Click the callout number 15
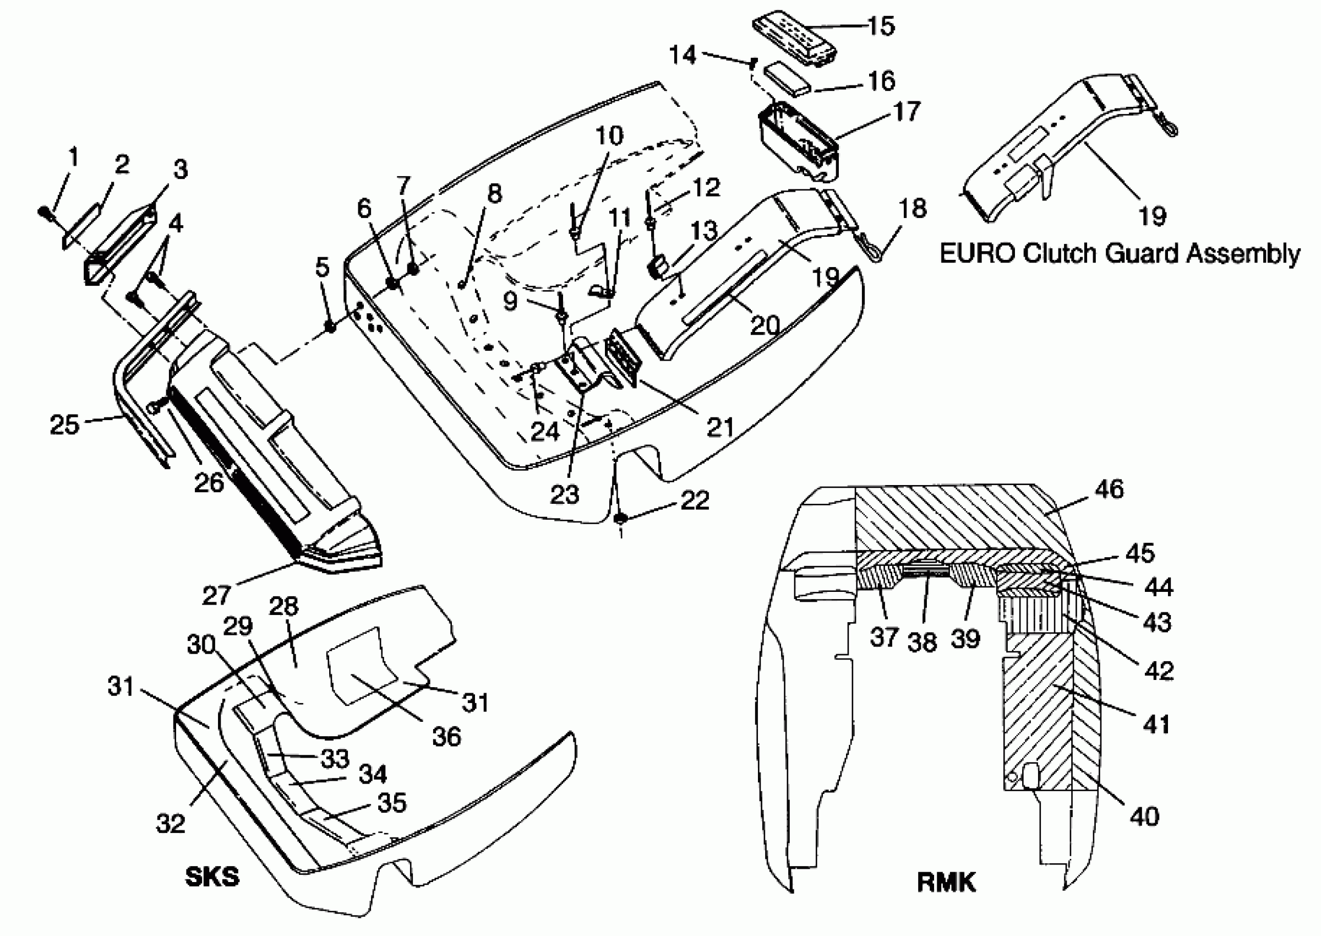(881, 26)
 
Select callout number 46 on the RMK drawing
(1109, 489)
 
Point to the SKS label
(212, 877)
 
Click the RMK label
(946, 883)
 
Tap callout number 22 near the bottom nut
(695, 500)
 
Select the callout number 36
(446, 737)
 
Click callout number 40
(1144, 816)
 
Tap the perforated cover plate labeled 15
(795, 35)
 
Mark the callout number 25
(64, 425)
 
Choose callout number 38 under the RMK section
(922, 641)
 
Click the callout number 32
(171, 824)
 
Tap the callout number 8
(494, 194)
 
